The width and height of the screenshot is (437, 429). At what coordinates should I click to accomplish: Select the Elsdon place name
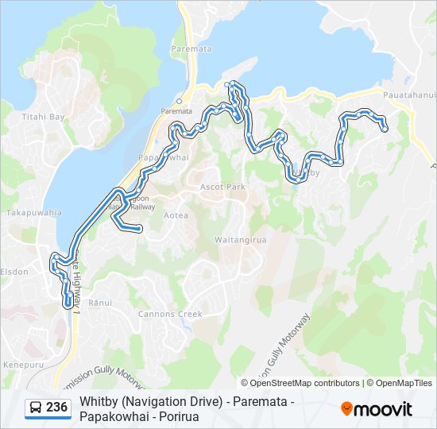tap(16, 272)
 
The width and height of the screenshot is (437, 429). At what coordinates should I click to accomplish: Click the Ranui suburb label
tap(101, 303)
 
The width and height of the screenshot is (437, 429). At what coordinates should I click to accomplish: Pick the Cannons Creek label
tap(170, 314)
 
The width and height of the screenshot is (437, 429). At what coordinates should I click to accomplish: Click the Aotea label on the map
tap(176, 215)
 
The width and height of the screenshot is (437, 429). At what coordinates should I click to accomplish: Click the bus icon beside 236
tap(36, 408)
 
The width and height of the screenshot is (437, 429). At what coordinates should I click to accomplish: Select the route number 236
tap(56, 408)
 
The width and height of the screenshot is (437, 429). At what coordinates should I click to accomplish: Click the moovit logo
tap(377, 409)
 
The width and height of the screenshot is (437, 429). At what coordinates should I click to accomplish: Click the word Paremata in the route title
tap(258, 402)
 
